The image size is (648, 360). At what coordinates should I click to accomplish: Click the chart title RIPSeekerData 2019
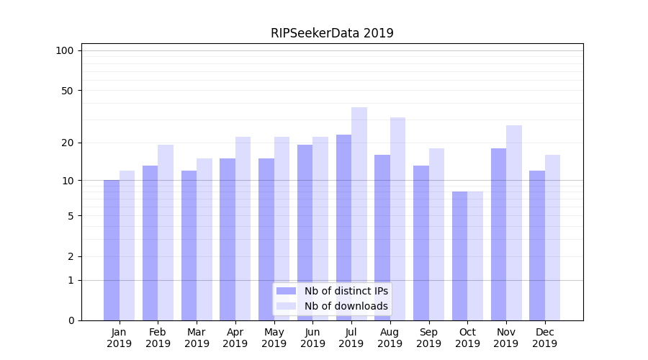point(332,33)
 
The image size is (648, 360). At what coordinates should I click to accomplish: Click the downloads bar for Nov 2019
point(514,222)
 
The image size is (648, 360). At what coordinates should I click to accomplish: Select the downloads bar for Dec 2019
point(552,238)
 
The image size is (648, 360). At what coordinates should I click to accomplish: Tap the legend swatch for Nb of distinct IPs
point(287,291)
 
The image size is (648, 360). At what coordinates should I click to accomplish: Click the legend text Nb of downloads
point(346,306)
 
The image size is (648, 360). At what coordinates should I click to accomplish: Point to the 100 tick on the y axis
point(65,50)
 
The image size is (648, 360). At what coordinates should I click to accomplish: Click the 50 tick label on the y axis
point(68,91)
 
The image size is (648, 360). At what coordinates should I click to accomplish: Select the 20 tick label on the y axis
point(68,143)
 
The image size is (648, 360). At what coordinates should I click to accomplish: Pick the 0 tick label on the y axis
point(71,320)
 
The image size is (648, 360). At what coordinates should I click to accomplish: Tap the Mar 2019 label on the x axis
point(197,338)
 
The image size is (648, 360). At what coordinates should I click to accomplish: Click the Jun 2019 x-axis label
point(312,338)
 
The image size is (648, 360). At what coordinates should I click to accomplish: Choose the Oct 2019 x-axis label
point(467,338)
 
